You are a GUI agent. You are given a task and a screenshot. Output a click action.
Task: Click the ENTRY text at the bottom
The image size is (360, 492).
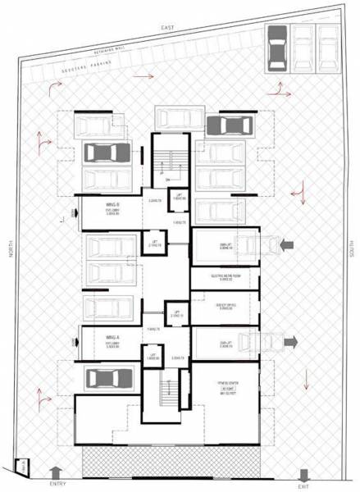57,484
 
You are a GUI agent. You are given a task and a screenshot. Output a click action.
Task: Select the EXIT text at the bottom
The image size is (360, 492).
304,484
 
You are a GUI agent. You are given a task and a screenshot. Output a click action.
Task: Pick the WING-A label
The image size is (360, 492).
103,336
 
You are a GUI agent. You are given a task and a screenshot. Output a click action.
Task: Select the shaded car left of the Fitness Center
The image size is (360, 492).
108,379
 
